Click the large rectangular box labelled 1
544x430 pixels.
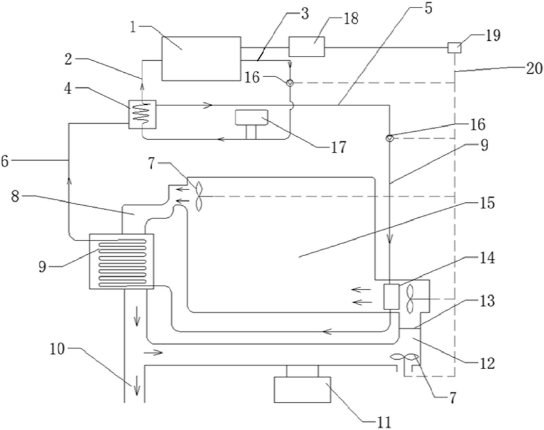201,58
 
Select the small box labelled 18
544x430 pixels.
307,46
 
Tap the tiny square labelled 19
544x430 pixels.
454,47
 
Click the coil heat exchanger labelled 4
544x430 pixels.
142,114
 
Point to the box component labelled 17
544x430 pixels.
252,117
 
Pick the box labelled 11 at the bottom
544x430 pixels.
302,390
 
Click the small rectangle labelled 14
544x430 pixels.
392,297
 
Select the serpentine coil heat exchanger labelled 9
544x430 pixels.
122,261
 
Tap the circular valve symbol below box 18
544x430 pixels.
290,83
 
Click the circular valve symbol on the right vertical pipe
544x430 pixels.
390,138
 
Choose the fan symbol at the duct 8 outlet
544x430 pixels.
199,196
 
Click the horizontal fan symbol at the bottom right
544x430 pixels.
405,357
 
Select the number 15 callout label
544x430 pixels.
487,203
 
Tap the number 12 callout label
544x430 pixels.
487,363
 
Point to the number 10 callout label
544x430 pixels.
57,348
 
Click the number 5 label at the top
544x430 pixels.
429,8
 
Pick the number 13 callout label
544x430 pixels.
488,301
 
